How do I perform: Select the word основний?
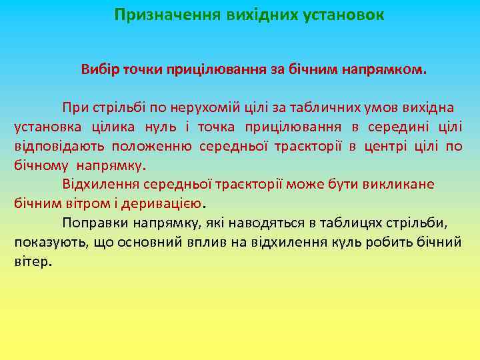point(153,242)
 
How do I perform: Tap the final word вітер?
point(31,261)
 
